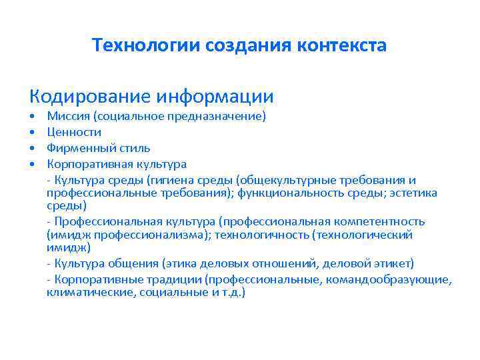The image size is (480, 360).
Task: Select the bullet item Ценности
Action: [74, 132]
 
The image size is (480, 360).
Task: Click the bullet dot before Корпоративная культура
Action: [32, 164]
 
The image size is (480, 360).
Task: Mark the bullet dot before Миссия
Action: [32, 117]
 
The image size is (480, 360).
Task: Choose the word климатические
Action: [91, 292]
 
